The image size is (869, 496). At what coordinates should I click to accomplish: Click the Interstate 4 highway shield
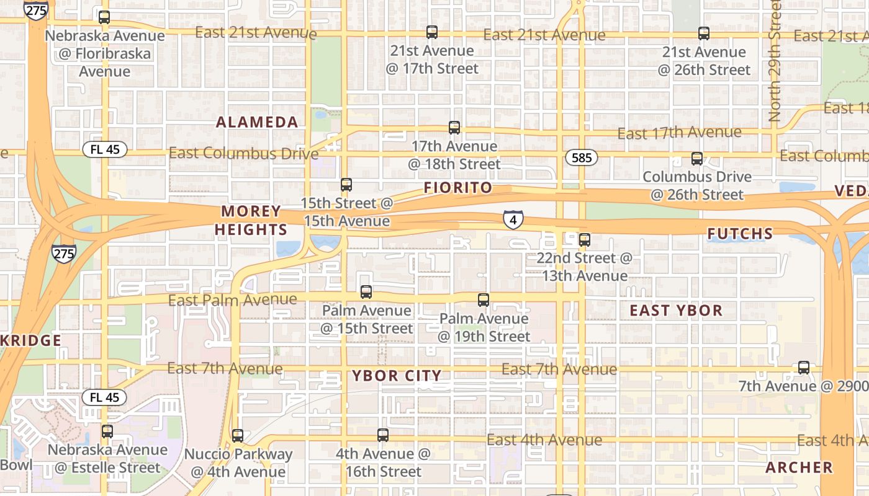pos(513,219)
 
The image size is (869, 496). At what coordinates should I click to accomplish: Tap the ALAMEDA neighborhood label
pos(257,122)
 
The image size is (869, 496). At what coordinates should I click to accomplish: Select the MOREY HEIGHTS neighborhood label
pos(251,220)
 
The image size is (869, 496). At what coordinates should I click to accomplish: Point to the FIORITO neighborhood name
pos(458,187)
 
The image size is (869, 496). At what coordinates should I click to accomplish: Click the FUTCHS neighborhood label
pos(741,234)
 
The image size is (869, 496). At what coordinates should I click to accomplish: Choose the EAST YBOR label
pos(676,310)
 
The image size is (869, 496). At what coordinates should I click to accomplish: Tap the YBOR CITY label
pos(397,375)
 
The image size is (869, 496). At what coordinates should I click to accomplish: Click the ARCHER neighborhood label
pos(799,467)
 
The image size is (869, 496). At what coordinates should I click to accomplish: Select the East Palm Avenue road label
pos(233,301)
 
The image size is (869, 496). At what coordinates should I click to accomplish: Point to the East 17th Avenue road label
pos(679,133)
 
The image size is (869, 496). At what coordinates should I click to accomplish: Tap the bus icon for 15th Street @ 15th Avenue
pos(346,184)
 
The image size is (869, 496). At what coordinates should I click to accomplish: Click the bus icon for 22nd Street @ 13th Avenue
pos(584,239)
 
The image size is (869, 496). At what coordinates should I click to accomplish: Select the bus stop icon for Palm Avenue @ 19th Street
pos(484,300)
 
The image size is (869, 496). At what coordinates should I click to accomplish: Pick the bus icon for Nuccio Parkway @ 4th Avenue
pos(238,435)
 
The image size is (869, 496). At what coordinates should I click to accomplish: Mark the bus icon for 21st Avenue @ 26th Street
pos(703,33)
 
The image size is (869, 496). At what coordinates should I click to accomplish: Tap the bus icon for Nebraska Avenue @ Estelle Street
pos(107,431)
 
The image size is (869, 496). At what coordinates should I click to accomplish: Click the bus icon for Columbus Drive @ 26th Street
pos(697,158)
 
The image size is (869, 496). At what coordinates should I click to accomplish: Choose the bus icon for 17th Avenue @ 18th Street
pos(454,128)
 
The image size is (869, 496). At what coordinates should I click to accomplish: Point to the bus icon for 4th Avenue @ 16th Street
pos(383,435)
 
